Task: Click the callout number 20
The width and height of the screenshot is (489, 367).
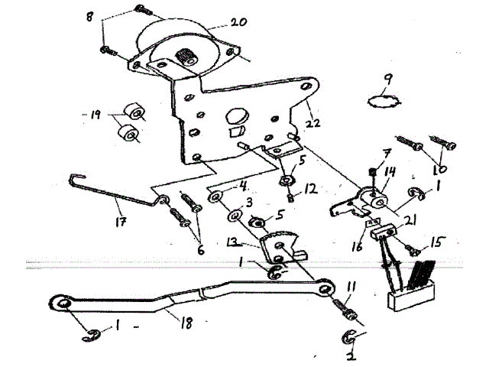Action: [x=239, y=23]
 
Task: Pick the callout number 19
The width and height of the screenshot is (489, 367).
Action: [x=96, y=116]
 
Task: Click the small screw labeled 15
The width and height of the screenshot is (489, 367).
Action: [x=412, y=248]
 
